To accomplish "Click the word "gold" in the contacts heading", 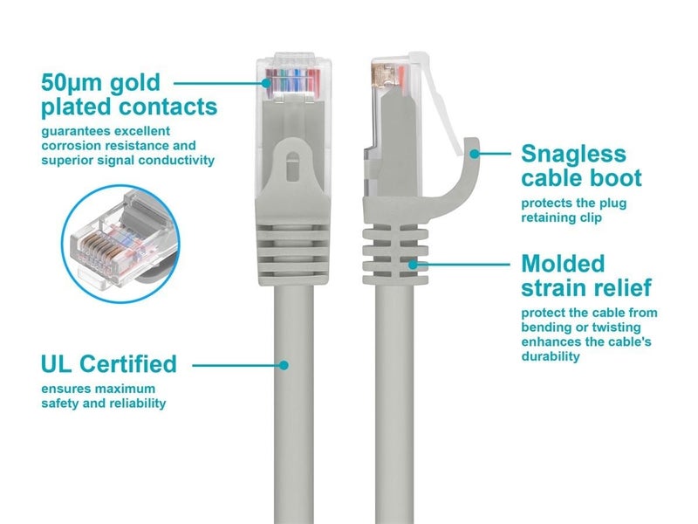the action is coord(138,83).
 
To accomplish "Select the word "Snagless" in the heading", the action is coord(573,154).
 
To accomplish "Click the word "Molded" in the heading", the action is coord(562,263).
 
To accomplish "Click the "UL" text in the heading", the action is coord(58,363).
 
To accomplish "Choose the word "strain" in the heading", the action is coord(554,288).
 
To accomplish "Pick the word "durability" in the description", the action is coord(551,356).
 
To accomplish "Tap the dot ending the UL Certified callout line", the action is coord(283,363).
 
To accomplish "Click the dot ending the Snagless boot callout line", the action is coord(473,154).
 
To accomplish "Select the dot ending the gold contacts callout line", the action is coord(265,83).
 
